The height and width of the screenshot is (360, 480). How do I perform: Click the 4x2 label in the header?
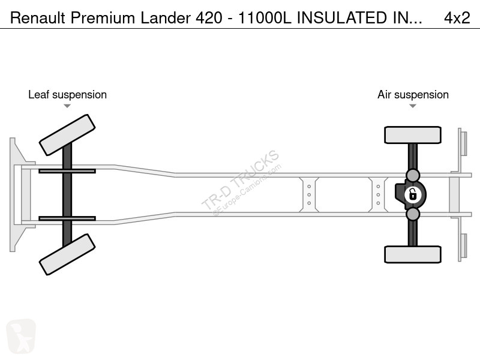pos(457,18)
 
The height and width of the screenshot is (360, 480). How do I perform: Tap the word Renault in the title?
pos(38,18)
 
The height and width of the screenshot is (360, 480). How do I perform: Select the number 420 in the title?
pos(209,18)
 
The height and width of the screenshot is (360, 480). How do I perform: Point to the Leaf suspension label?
pos(67,95)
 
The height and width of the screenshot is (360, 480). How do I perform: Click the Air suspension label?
pos(413,95)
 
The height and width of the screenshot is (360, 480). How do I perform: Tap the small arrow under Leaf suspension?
pos(67,106)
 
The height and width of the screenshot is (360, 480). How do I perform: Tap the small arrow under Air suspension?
pos(413,106)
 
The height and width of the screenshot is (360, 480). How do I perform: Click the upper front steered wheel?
pos(67,135)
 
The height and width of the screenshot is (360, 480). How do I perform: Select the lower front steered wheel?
pos(67,254)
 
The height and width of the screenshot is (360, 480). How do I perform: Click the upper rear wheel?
pos(413,135)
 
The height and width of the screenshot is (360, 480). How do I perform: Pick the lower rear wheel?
pos(413,254)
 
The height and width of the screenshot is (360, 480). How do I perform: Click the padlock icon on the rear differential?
pos(413,194)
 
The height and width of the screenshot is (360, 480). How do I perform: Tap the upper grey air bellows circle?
pos(413,176)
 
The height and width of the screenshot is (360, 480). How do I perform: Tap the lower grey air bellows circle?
pos(413,214)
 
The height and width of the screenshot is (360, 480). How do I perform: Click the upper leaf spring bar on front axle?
pos(67,171)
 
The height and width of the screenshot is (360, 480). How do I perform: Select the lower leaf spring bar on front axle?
pos(67,218)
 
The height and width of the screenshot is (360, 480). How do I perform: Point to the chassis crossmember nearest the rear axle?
pos(378,194)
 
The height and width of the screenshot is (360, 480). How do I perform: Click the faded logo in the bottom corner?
pos(21,336)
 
